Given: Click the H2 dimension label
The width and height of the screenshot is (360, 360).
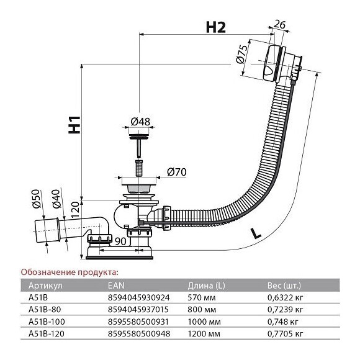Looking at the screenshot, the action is click(216, 27).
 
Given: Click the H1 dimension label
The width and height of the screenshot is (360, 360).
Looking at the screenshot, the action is click(74, 125).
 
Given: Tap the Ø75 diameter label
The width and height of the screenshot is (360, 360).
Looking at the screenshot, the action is click(242, 54).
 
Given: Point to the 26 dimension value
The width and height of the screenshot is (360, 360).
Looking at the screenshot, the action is click(280, 24).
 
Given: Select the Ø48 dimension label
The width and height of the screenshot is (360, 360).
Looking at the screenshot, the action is click(140, 122).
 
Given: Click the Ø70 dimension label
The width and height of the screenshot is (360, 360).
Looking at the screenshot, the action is click(177, 172).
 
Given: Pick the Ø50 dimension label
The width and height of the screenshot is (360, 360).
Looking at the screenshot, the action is click(36, 199).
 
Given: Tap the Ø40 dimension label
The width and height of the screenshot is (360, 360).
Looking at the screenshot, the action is click(56, 199).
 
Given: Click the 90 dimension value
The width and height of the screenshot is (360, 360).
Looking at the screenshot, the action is click(120, 241).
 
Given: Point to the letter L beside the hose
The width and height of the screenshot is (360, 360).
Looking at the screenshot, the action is click(256, 233).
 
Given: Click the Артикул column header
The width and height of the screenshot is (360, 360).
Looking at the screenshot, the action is click(45, 286).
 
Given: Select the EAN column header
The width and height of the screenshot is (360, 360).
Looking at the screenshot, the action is click(116, 286).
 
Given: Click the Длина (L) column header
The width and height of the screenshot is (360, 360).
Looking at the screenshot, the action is click(206, 286).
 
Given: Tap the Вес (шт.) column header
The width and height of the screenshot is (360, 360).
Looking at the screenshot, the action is click(284, 286).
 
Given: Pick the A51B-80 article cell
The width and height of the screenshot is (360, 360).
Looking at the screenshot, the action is click(45, 310).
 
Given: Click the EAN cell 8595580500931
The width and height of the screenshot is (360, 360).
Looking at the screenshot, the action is click(138, 322).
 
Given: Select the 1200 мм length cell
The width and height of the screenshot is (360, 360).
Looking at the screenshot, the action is click(204, 333).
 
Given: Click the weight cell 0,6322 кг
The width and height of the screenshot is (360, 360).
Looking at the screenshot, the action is click(286, 298).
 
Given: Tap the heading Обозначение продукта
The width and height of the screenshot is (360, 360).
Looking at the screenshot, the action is click(70, 272).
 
